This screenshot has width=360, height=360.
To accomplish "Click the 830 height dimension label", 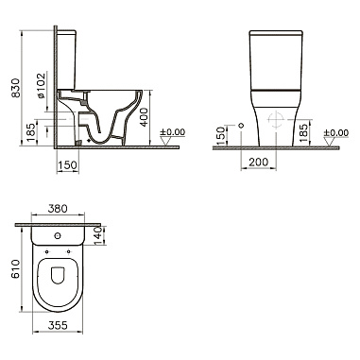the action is [16, 88].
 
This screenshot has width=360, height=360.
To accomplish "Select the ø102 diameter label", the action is [42, 85].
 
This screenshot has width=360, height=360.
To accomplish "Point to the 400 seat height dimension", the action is [144, 117].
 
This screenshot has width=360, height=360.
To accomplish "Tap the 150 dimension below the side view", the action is [68, 164].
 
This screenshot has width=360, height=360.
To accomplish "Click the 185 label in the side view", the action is [30, 132].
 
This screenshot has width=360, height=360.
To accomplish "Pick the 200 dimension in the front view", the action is [259, 162].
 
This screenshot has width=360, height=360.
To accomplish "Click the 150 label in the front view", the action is [222, 135].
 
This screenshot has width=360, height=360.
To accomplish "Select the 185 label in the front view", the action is [302, 133].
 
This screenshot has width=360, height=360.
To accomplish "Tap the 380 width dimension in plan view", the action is [58, 209].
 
